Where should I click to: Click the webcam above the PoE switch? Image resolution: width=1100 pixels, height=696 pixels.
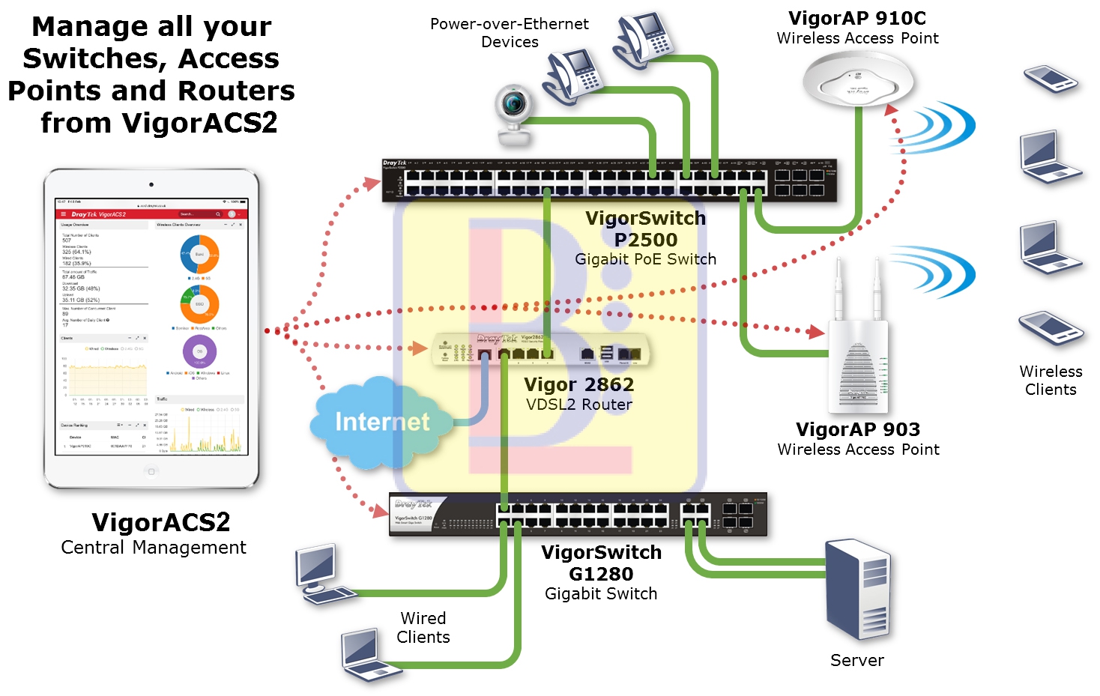(x=514, y=115)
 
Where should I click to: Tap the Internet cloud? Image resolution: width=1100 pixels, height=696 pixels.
(x=382, y=423)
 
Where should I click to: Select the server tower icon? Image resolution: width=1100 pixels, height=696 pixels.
(x=859, y=587)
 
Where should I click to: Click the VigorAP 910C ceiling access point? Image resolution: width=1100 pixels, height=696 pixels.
(x=858, y=82)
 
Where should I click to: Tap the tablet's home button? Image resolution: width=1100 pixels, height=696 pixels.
(x=151, y=471)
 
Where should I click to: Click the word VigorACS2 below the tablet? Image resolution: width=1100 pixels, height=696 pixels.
(x=160, y=522)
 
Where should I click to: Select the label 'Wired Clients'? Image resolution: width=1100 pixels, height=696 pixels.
(x=423, y=628)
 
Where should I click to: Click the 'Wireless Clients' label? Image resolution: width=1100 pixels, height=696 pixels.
(x=1051, y=381)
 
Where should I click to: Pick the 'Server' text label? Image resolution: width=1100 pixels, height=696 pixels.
(x=856, y=661)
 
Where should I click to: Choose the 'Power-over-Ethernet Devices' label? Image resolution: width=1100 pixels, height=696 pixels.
(x=510, y=33)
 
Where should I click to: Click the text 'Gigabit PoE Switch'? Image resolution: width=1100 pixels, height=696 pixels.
(x=645, y=259)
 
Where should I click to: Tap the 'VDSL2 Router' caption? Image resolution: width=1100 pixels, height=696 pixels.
(x=578, y=405)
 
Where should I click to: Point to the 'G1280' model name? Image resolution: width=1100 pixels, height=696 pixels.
(x=601, y=574)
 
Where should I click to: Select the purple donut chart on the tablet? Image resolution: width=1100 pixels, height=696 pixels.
(x=199, y=351)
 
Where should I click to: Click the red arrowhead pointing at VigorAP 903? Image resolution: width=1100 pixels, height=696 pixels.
(x=816, y=331)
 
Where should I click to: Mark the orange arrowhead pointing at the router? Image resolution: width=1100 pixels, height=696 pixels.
(x=418, y=348)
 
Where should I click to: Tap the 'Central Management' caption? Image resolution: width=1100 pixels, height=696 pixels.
(x=154, y=548)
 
